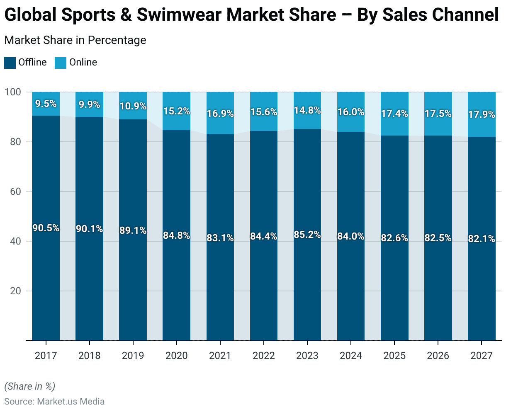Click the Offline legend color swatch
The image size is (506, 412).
(x=10, y=63)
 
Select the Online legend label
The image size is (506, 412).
(x=83, y=62)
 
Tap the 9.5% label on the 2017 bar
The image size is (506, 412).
(x=46, y=104)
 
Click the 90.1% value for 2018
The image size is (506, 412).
(x=89, y=229)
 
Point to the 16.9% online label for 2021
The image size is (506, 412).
(x=220, y=113)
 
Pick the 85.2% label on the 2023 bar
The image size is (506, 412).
(x=307, y=235)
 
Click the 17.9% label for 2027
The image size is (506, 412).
(x=482, y=114)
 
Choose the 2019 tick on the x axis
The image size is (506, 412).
(x=133, y=356)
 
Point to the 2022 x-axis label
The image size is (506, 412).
(x=264, y=356)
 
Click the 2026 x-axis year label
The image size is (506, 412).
(x=438, y=356)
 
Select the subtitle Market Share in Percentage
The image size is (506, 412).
(x=75, y=40)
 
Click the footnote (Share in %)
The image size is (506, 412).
(x=29, y=386)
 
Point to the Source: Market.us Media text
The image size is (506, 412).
(x=54, y=402)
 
